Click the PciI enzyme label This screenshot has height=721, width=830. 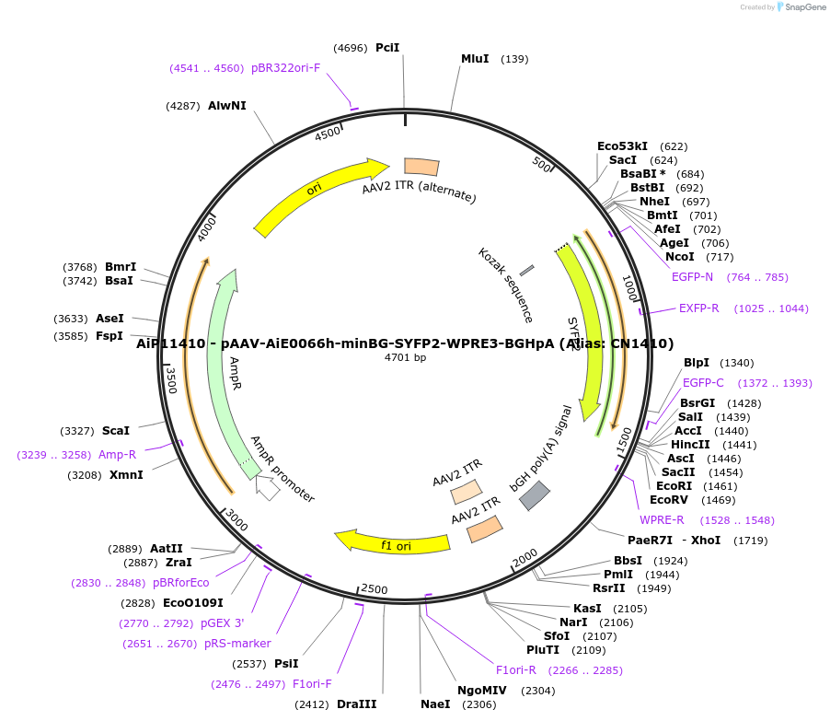[x=387, y=48]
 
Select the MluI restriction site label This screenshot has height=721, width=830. [x=475, y=59]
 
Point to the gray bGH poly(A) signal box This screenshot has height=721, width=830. [x=535, y=495]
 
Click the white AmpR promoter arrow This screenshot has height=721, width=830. [x=267, y=486]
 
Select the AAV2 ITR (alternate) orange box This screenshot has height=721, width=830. [x=421, y=167]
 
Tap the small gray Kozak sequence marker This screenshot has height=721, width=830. [x=527, y=270]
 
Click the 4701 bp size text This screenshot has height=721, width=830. [x=405, y=357]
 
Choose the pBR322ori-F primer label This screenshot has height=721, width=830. [x=285, y=68]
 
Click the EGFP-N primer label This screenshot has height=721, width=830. [x=692, y=277]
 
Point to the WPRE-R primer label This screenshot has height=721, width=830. [x=662, y=520]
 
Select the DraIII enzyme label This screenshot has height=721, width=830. [x=356, y=704]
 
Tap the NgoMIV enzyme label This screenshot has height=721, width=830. [x=482, y=691]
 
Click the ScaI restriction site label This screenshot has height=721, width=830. [x=116, y=430]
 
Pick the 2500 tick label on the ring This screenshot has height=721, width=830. [x=375, y=589]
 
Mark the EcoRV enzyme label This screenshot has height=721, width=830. [x=667, y=500]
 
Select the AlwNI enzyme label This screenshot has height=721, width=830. [x=227, y=106]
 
